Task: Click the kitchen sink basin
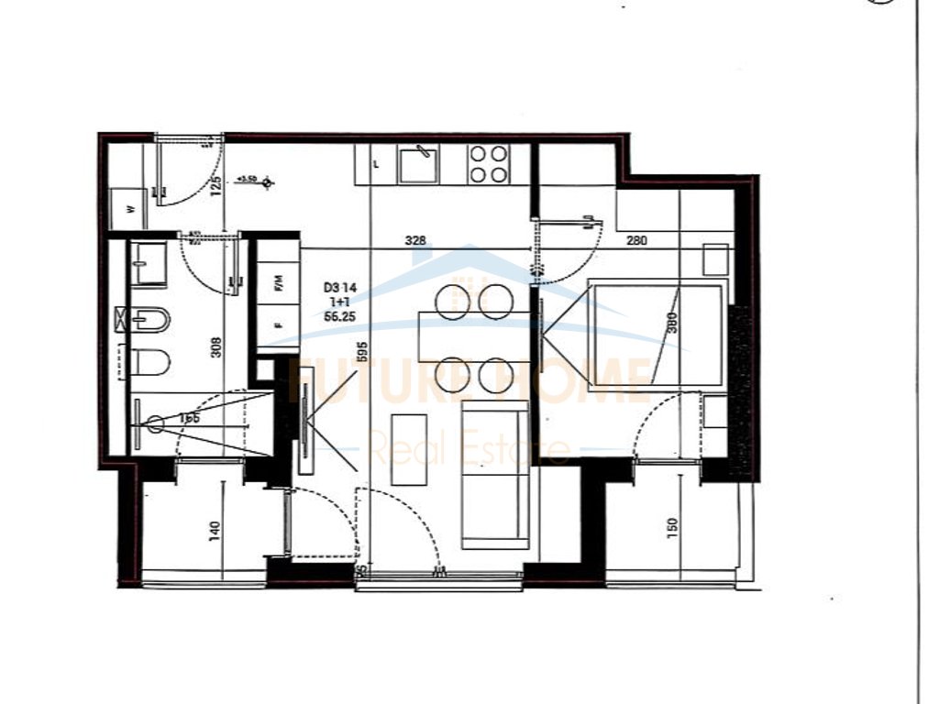tap(418, 163)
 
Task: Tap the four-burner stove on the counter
tap(489, 164)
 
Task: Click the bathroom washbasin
tap(148, 264)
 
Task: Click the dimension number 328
tap(416, 241)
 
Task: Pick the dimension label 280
tap(636, 241)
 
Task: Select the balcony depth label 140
tap(215, 530)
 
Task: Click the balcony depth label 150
tap(672, 527)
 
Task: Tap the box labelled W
tap(129, 208)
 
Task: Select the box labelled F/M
tap(278, 284)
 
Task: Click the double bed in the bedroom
tap(655, 333)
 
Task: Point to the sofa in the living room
tap(495, 475)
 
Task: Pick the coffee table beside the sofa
tap(409, 449)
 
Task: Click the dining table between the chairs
tap(474, 336)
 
